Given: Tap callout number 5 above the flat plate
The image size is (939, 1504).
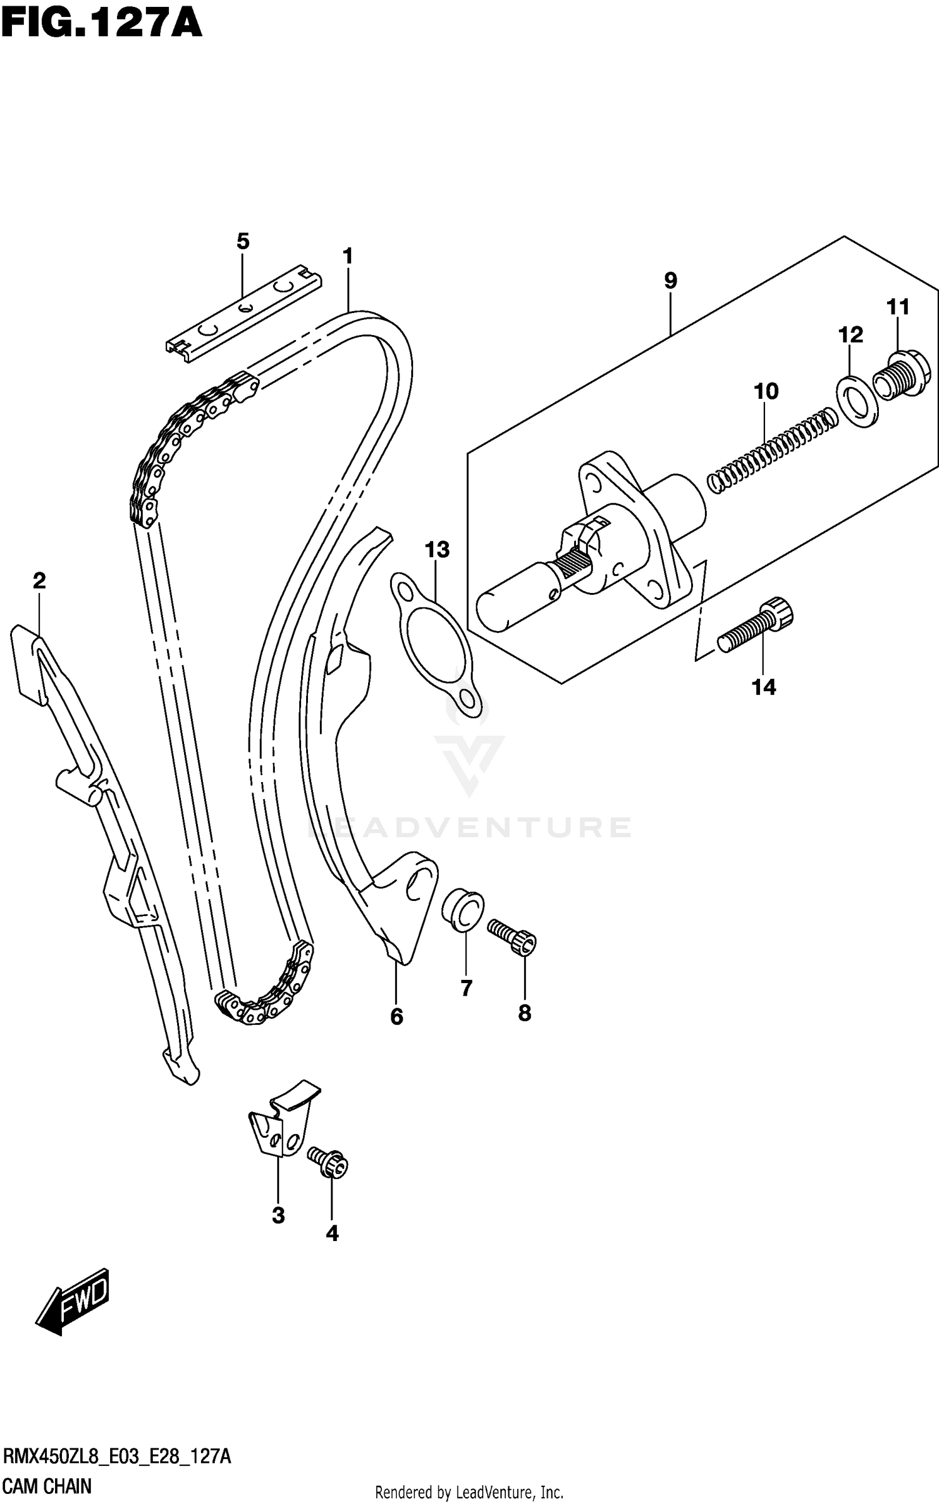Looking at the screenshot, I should pyautogui.click(x=243, y=241).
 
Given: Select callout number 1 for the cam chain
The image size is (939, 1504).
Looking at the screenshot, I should pyautogui.click(x=348, y=256).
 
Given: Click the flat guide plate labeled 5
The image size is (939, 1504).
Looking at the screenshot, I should pyautogui.click(x=244, y=313).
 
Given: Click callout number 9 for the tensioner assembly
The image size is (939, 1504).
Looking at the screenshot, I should pyautogui.click(x=670, y=281).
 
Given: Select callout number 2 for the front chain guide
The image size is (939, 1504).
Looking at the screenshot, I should pyautogui.click(x=39, y=581).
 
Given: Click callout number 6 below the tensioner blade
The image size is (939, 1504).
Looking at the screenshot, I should pyautogui.click(x=396, y=1017).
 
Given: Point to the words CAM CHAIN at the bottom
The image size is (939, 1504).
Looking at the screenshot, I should pyautogui.click(x=48, y=1486).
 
